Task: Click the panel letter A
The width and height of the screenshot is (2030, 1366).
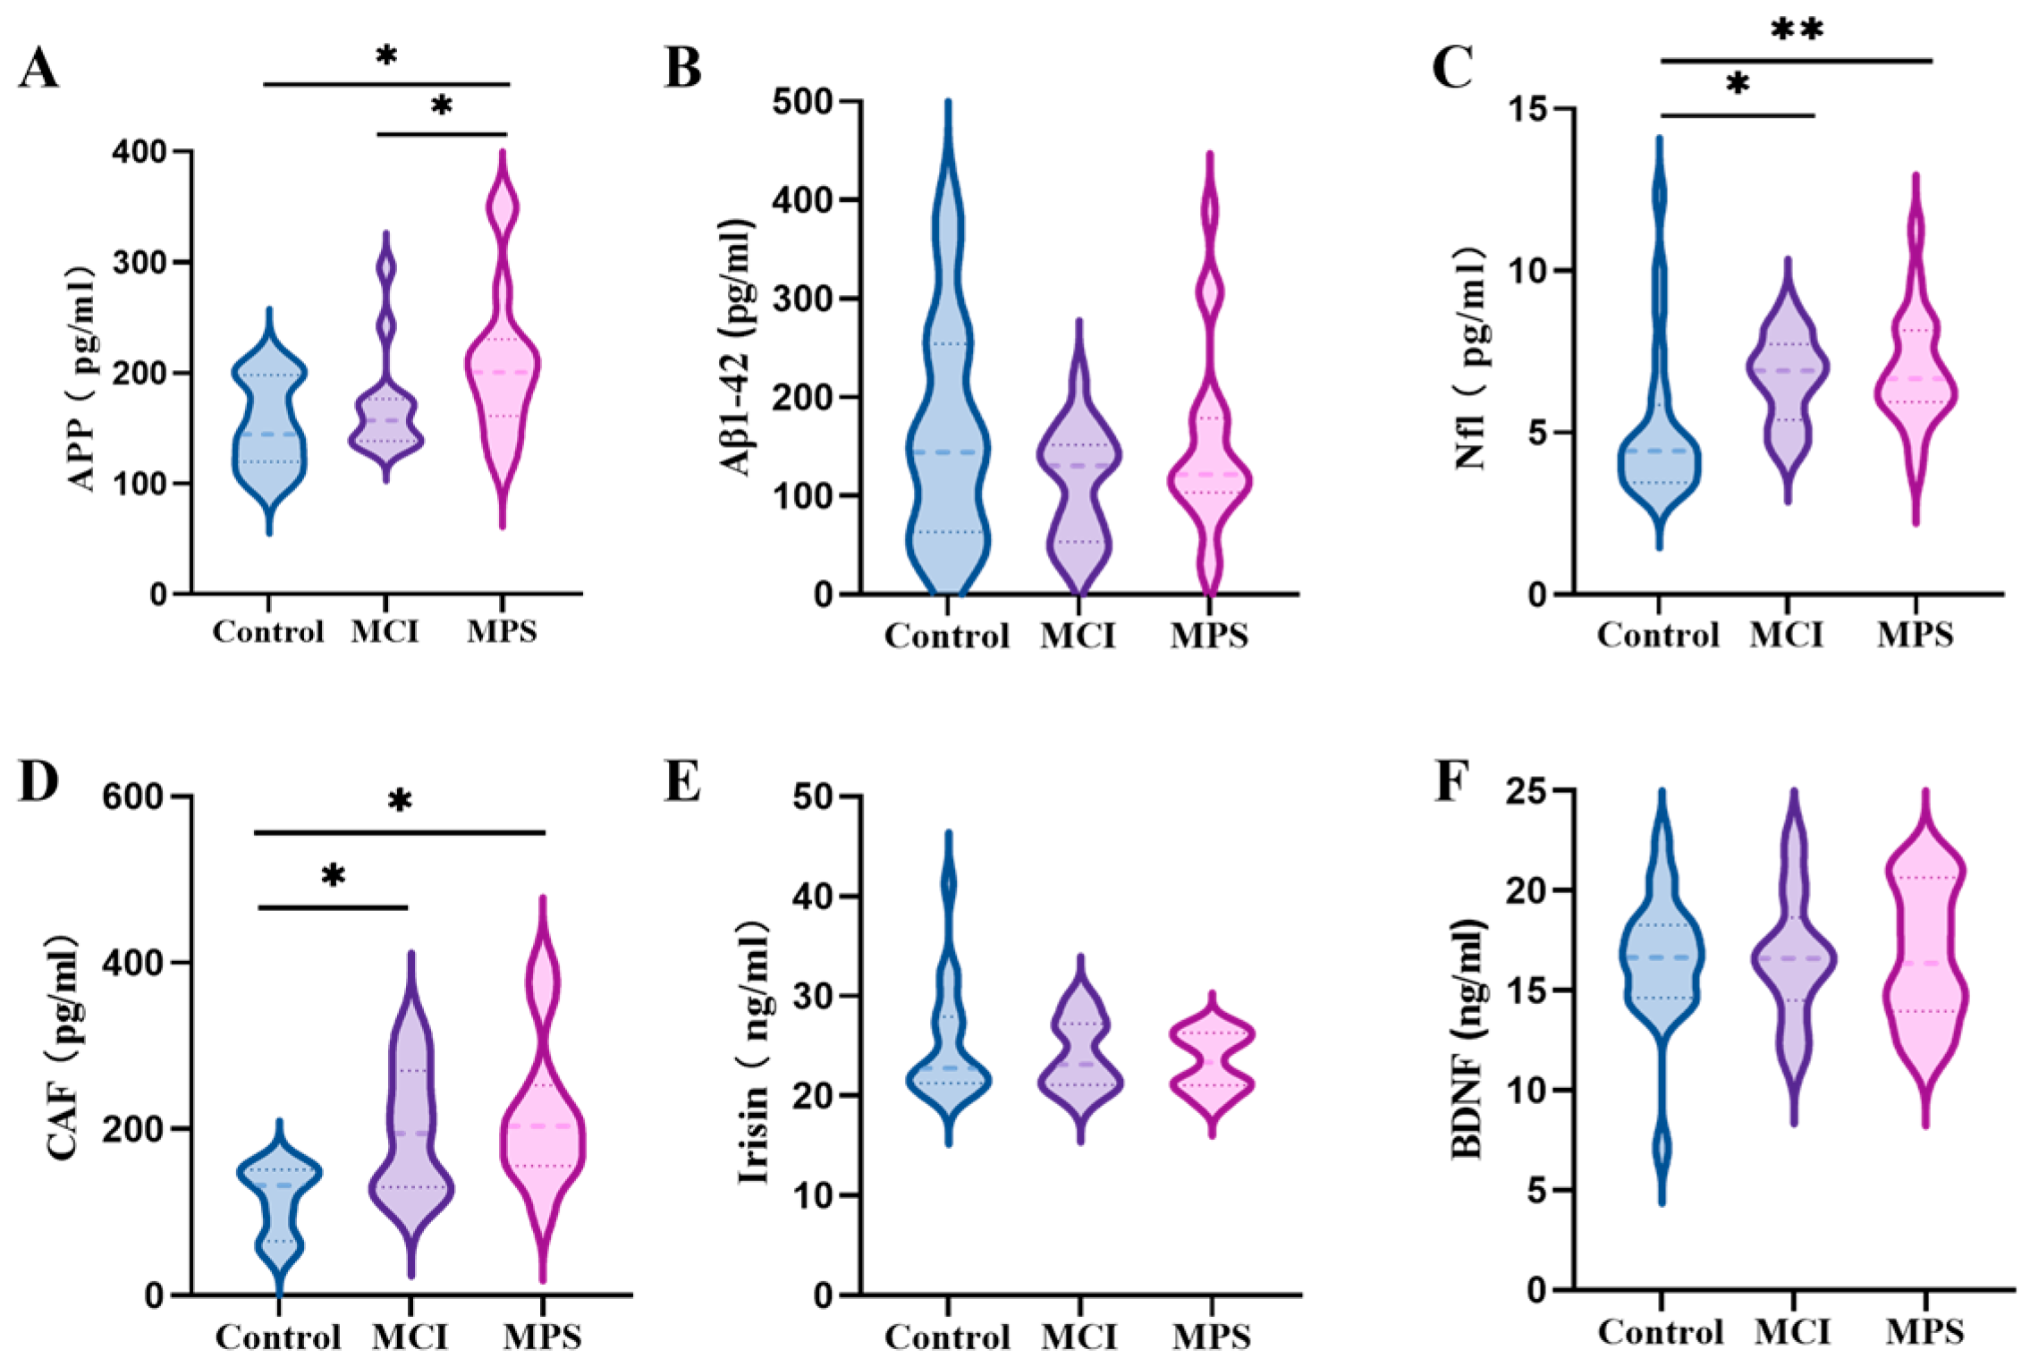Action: [38, 69]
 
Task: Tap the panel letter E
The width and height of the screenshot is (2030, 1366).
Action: [682, 781]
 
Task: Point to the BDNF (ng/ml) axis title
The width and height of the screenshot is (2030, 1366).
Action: [1468, 1038]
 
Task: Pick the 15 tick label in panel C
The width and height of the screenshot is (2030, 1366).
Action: [1530, 110]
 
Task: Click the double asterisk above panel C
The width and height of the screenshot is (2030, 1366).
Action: [1797, 31]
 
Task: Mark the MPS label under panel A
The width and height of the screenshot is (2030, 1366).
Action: [502, 632]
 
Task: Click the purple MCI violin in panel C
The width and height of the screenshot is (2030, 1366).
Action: [1788, 375]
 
